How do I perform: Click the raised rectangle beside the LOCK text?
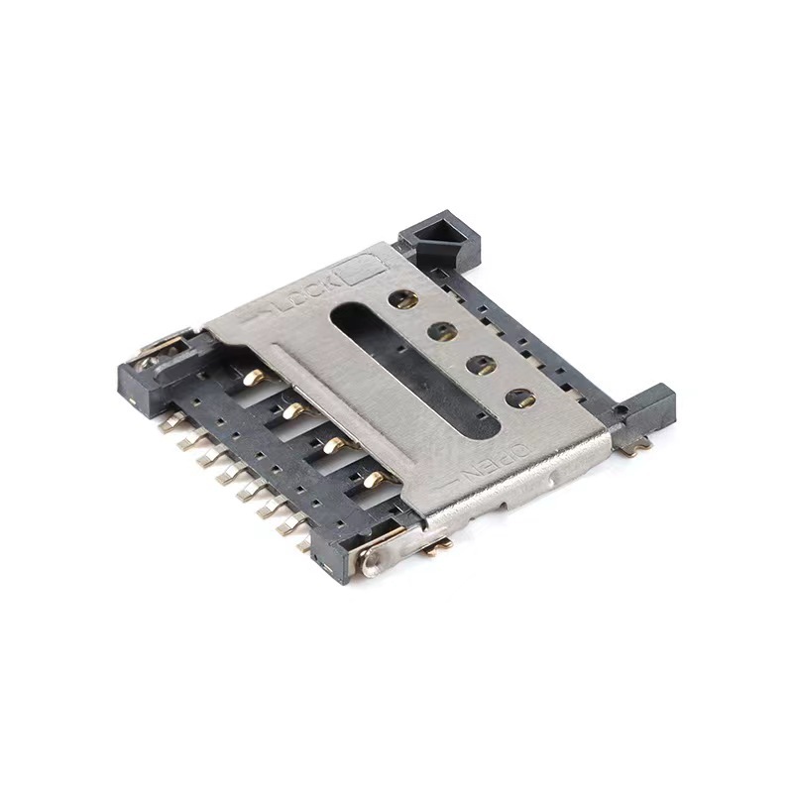click(360, 266)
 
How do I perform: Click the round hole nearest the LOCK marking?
click(403, 297)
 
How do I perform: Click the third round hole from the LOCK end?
click(481, 365)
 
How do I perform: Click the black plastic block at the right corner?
click(649, 406)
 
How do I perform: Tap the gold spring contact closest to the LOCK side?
click(254, 377)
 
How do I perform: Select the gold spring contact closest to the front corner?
click(373, 481)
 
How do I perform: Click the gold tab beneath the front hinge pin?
click(439, 544)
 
